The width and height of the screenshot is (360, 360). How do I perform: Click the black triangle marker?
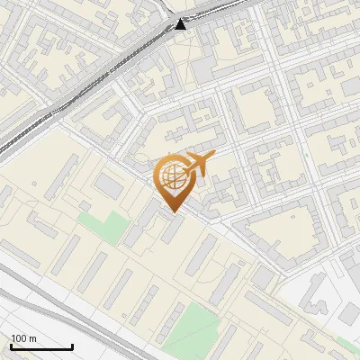point(181,23)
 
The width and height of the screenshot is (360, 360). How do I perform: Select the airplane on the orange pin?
point(198,164)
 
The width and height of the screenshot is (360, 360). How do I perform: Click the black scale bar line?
point(41,346)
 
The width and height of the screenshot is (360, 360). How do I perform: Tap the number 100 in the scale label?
point(18,338)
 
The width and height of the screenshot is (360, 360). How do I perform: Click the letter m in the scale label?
point(31,338)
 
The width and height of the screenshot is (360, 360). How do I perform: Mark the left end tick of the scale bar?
point(11,346)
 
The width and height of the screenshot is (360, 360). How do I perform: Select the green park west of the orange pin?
point(102,226)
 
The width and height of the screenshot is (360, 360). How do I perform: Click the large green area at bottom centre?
point(192,328)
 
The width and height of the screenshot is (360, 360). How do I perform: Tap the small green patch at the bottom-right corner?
point(347,346)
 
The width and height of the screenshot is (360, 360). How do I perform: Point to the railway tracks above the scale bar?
point(54,306)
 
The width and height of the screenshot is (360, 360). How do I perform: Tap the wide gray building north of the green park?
point(109,186)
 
